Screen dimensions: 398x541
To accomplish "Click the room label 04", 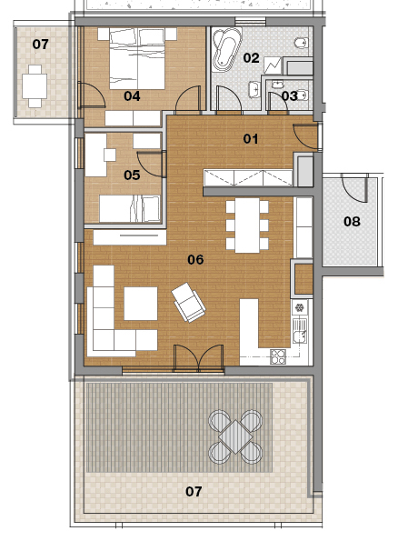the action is click(132, 95).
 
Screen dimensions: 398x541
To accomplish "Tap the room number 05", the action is click(132, 175).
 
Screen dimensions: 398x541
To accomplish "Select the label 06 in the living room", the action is click(195, 259).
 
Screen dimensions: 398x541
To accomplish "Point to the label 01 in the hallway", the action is click(251, 139).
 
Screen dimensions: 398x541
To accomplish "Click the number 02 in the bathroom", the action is click(251, 57).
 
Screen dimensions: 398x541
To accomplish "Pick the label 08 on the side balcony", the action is click(352, 221).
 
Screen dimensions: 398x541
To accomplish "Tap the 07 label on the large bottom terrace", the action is click(194, 491).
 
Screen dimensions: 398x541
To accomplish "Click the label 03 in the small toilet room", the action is click(289, 95).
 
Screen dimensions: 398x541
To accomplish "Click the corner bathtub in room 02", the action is click(226, 49).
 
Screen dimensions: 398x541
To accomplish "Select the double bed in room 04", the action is click(137, 59).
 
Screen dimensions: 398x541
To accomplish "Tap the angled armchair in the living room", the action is click(188, 303).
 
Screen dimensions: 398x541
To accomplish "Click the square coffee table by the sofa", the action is click(141, 304).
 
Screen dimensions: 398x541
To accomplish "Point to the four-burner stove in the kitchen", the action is click(278, 356).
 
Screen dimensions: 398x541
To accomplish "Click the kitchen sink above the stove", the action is click(299, 331).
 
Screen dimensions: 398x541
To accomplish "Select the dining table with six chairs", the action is click(247, 225).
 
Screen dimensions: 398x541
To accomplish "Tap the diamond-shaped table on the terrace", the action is click(235, 436).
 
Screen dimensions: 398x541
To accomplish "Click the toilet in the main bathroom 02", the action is click(301, 43).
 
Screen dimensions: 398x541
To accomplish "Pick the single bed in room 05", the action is click(130, 209).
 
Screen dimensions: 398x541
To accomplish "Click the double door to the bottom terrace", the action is click(199, 358).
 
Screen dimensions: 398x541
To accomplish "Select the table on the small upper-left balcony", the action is click(35, 86).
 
